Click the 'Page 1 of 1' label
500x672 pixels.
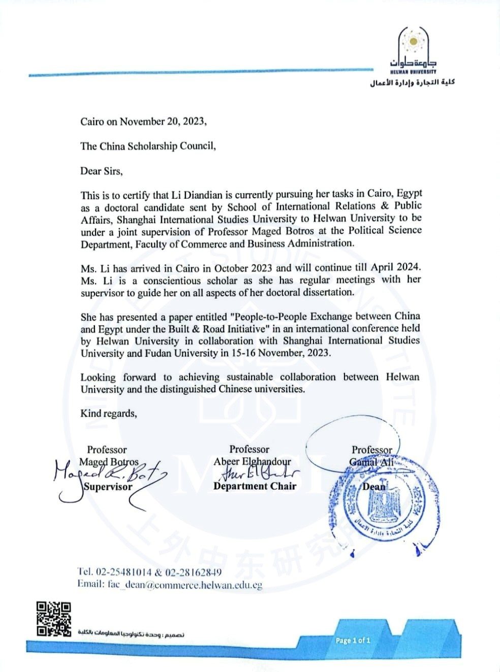353,640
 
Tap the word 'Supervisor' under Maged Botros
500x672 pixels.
108,486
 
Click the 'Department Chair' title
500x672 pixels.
255,486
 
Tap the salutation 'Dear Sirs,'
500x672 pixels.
101,171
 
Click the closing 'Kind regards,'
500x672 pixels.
108,413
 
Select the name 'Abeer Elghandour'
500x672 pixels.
252,462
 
